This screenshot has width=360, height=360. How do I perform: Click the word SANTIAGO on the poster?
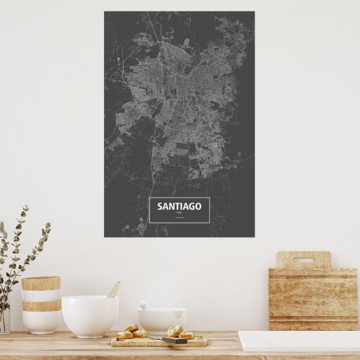point(179,206)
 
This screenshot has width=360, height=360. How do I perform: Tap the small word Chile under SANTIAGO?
point(179,213)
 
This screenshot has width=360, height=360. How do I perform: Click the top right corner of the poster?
point(253,12)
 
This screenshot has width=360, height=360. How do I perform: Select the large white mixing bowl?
point(90,316)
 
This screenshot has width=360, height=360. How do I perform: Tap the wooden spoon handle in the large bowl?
point(114,289)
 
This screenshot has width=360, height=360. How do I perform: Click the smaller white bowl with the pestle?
point(162,321)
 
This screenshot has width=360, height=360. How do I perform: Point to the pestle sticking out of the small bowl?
point(144,305)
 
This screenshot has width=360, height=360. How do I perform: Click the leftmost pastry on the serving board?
point(124,335)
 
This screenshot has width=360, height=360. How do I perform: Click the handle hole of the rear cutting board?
point(303,259)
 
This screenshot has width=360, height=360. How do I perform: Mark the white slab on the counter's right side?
point(299,340)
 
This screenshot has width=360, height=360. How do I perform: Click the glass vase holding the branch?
point(4,319)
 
